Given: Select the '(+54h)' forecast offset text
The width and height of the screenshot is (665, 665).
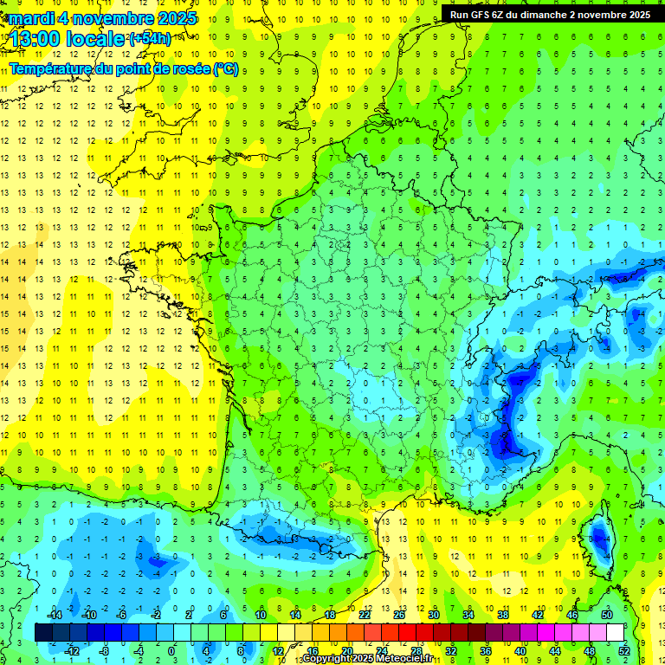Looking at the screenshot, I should (150, 39).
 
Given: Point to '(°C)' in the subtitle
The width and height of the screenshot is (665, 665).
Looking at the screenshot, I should (224, 68).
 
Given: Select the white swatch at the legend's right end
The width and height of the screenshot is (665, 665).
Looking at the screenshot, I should (615, 633).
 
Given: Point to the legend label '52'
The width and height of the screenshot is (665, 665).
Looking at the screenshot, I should (623, 651).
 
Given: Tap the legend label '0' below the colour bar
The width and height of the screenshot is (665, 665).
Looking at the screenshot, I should (171, 651).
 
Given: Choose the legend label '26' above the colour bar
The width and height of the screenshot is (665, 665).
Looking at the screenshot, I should (398, 616).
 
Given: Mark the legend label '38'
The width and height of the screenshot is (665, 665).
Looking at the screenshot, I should (502, 616).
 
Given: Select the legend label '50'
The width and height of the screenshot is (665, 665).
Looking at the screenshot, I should (606, 616).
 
